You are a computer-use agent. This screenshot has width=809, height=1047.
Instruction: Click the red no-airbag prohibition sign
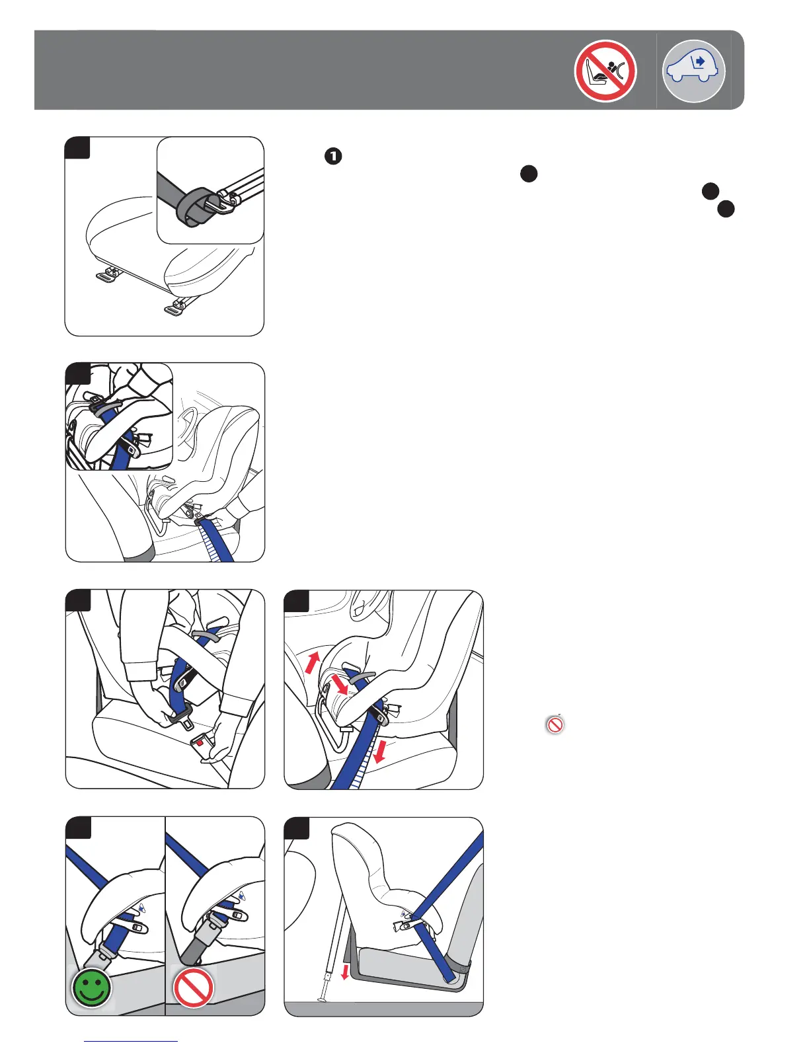tap(605, 71)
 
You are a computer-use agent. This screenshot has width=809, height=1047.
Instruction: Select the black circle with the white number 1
tap(333, 156)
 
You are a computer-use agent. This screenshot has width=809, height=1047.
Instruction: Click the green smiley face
tap(92, 988)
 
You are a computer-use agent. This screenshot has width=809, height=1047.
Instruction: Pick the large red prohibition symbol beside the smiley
tap(193, 988)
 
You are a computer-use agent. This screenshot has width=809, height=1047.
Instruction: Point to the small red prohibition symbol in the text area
tap(555, 724)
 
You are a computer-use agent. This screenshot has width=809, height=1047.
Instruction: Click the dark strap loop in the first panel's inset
tap(194, 208)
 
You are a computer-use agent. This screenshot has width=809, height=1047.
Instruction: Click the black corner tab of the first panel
tap(77, 148)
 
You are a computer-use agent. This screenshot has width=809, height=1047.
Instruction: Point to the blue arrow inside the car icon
tap(700, 61)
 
